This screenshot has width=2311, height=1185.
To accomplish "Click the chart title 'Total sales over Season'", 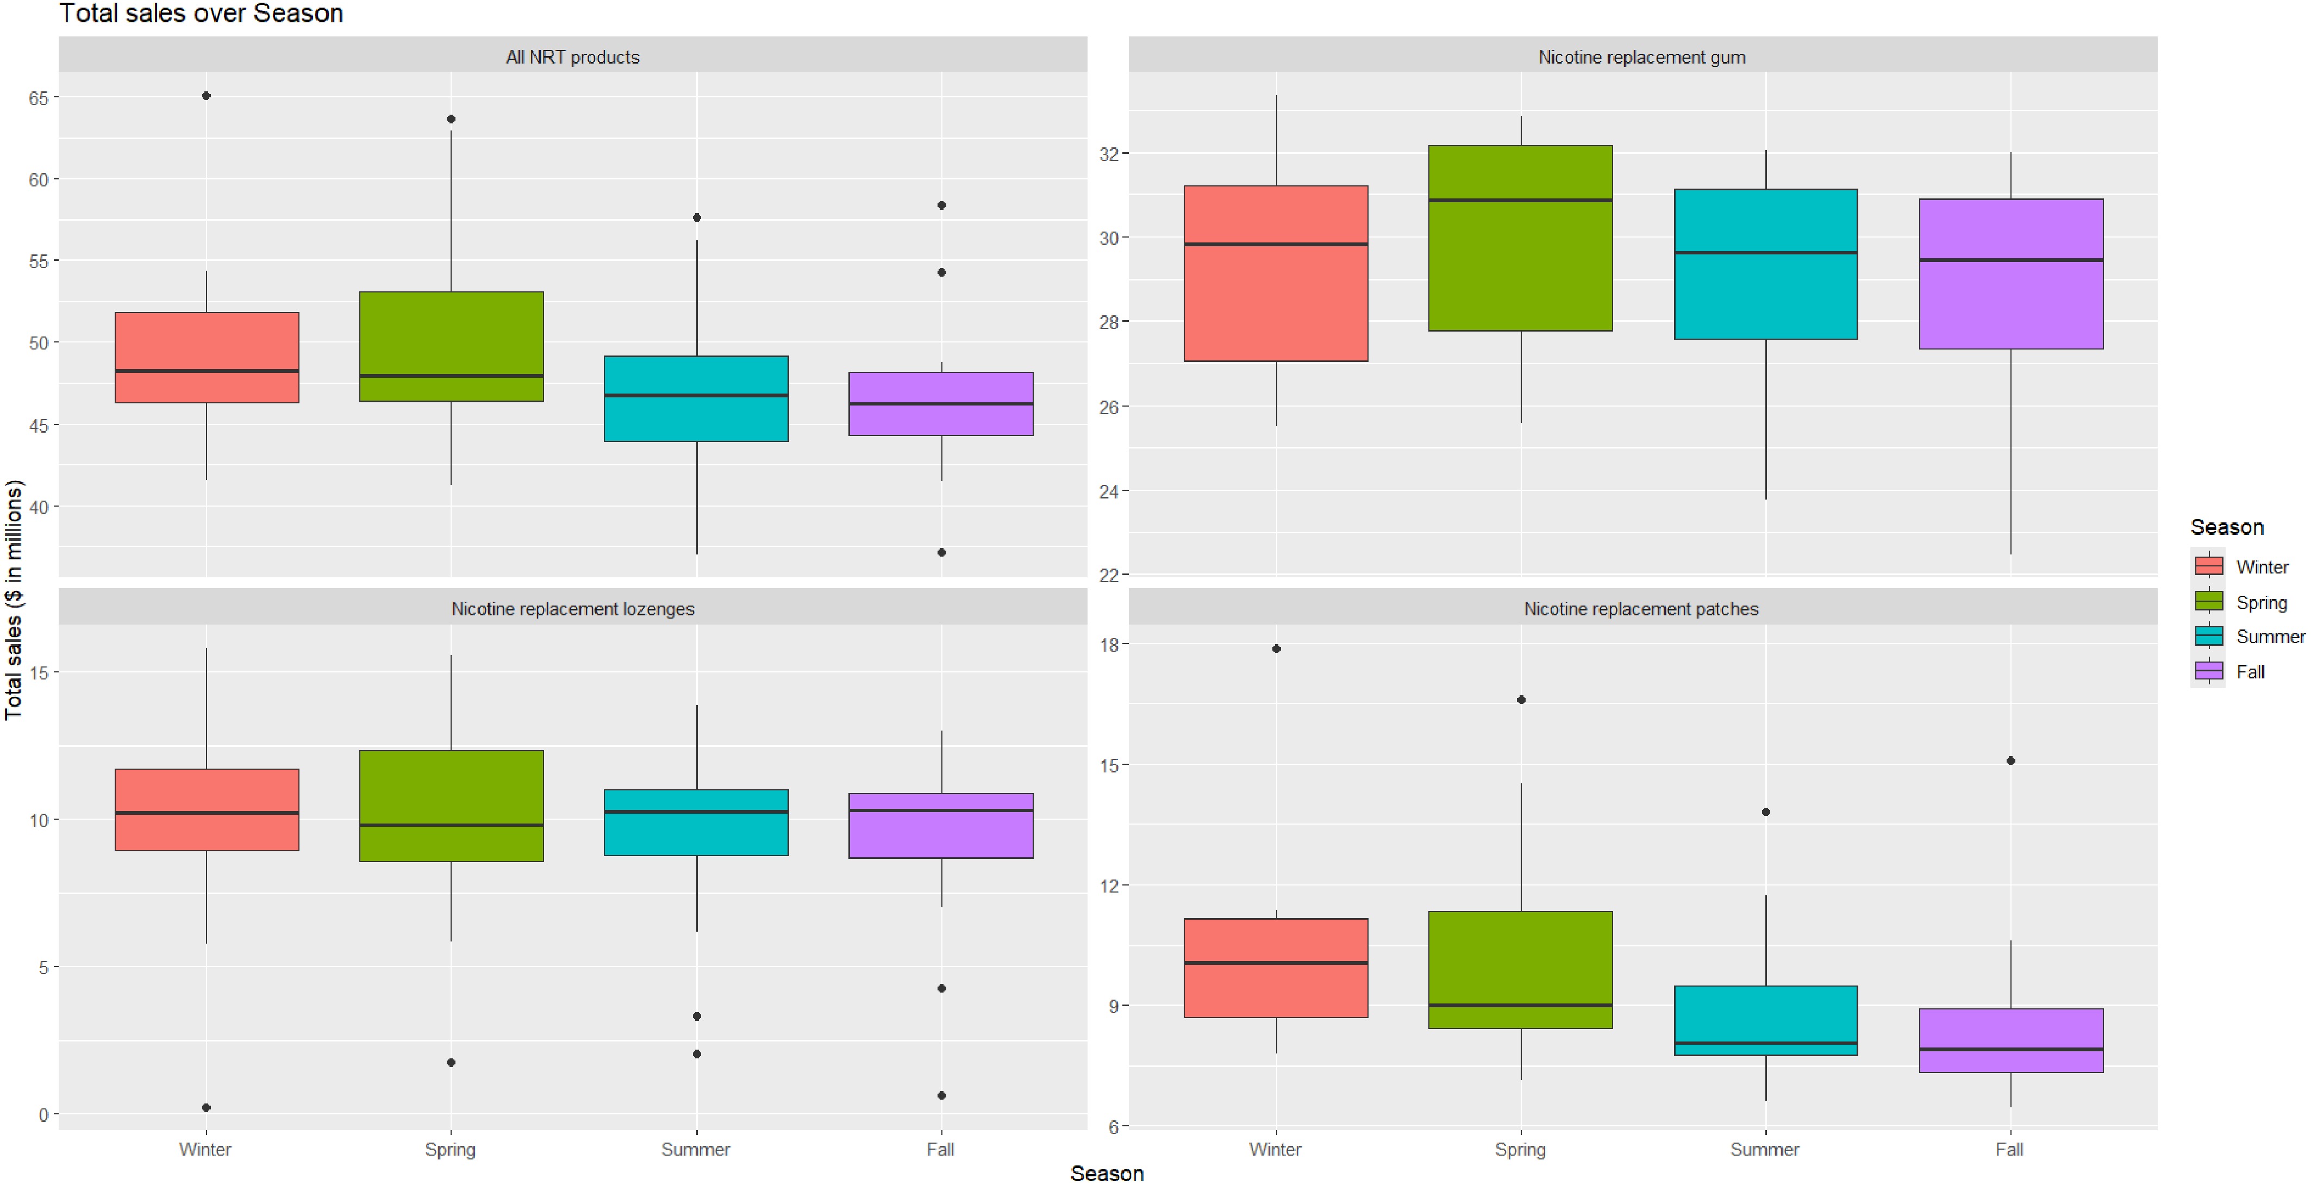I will coord(201,14).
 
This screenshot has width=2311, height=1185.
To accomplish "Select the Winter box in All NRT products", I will coord(207,357).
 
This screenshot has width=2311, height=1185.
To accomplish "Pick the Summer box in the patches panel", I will coord(1765,1020).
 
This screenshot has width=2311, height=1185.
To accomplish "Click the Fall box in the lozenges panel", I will coord(941,825).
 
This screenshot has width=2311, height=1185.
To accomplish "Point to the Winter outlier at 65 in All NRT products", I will coord(207,96).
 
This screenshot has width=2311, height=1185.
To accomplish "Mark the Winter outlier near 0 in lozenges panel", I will coord(207,1108).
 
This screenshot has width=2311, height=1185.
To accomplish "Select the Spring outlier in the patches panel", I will coord(1521,700).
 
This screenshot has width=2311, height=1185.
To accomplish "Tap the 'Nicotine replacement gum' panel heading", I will coord(1642,58).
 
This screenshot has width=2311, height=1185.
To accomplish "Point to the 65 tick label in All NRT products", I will coord(39,98).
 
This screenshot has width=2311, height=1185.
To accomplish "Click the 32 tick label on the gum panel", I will coord(1110,154).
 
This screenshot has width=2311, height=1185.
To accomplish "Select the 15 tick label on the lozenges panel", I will coord(39,673).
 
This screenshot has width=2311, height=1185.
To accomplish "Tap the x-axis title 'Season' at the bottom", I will coord(1106,1174).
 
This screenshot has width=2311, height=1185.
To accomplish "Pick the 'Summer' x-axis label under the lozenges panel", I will coord(695,1149).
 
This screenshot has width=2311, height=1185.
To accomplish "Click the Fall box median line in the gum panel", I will coord(2010,260).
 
